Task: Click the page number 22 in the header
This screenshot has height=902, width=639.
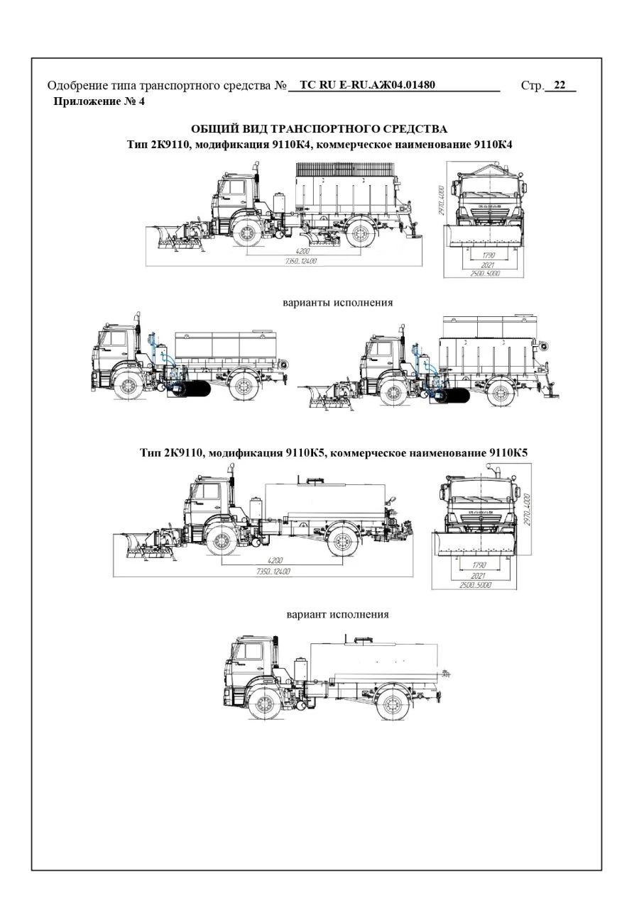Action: click(559, 86)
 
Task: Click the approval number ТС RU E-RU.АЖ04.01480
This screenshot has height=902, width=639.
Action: click(367, 86)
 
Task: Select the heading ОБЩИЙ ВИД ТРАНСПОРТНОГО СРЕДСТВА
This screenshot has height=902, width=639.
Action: click(319, 128)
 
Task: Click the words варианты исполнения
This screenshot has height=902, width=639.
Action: click(338, 302)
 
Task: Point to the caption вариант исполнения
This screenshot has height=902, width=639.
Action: click(337, 614)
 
